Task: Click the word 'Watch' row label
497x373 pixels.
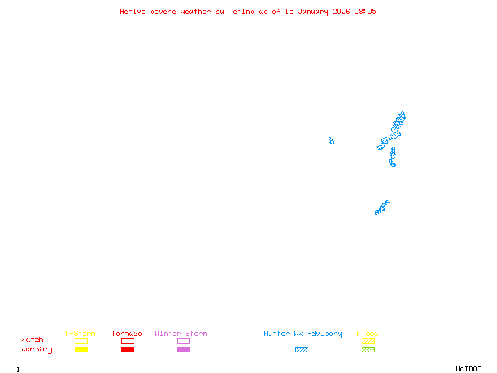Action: point(32,340)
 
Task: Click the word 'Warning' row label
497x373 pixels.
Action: point(37,349)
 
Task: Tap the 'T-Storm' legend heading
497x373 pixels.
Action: point(80,334)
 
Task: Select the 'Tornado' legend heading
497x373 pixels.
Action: point(127,334)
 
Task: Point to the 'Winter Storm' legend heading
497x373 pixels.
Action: point(181,334)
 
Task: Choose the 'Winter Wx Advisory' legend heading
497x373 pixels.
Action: point(303,334)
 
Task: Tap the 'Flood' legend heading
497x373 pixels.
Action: point(368,334)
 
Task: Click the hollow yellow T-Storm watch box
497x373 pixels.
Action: point(81,341)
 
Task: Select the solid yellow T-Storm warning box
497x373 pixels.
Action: point(81,349)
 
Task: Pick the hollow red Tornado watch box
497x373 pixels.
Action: point(127,341)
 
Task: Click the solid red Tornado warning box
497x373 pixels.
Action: point(127,349)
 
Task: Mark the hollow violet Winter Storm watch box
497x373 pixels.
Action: point(183,341)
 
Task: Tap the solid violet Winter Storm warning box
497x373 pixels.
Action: point(183,349)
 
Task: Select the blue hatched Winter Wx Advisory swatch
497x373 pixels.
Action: point(301,349)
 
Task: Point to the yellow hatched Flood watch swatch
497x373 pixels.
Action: point(368,341)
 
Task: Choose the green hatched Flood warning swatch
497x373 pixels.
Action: point(368,349)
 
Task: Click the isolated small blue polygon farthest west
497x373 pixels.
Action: point(331,140)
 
